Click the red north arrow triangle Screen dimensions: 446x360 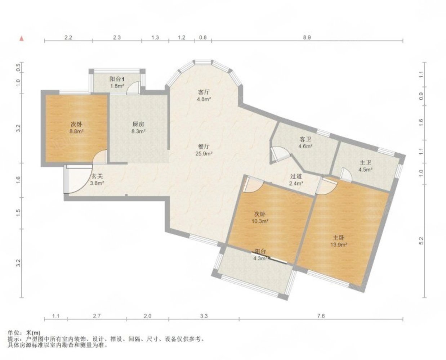pos(22,39)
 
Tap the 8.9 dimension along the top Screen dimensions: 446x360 pos(307,37)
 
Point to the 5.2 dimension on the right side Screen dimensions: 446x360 pos(421,241)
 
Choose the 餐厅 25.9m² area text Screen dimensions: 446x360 pos(204,150)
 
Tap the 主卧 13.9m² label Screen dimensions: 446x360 pos(339,241)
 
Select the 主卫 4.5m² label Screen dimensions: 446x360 pos(365,166)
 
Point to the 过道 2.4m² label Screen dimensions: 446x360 pos(296,180)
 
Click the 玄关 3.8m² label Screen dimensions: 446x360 pos(97,180)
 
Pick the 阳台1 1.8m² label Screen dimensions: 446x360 pos(117,82)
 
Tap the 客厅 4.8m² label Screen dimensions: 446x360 pos(204,95)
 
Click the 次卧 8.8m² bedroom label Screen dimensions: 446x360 pos(76,128)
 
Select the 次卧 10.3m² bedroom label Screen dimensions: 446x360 pos(260,217)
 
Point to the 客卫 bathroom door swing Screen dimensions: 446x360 pos(281,154)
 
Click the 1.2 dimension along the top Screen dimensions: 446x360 pos(182,37)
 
